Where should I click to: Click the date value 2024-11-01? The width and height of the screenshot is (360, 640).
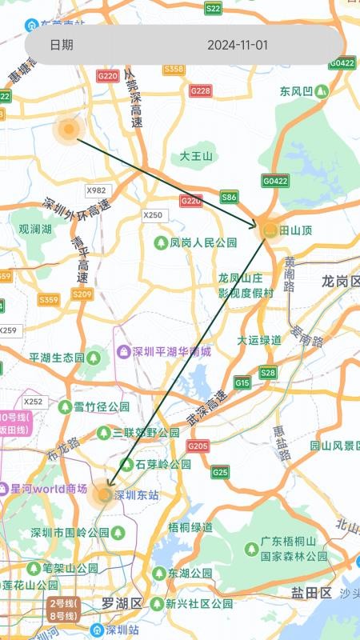pos(238,45)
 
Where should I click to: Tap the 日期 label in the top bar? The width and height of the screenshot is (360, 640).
pos(62,45)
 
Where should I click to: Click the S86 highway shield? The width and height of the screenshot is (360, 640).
pos(230,197)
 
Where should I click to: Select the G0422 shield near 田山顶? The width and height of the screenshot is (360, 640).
pos(274,181)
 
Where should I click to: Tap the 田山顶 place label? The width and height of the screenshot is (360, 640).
pos(296,230)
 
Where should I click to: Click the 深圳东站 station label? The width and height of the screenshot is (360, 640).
pos(137,495)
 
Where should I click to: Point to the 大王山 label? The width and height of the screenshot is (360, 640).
pos(196,156)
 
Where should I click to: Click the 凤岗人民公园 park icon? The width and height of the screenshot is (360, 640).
pos(161,242)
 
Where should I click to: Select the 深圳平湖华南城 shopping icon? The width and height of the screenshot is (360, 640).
pos(123,351)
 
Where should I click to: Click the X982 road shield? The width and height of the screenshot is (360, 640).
pos(96,190)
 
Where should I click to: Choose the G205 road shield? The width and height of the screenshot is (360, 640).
pos(198,446)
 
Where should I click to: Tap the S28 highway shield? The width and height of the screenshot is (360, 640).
pos(268,373)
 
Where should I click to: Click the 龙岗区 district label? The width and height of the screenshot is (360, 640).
pos(341,282)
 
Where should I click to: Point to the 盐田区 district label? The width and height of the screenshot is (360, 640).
pos(311,593)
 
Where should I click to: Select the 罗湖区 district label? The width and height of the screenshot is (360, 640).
pos(122,602)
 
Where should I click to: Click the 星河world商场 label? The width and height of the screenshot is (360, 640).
pos(49,488)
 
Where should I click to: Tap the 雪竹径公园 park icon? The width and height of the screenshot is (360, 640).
pos(65,406)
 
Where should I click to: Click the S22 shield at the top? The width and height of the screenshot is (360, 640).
pos(213,8)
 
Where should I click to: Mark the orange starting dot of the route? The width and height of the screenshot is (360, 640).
pos(69,129)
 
